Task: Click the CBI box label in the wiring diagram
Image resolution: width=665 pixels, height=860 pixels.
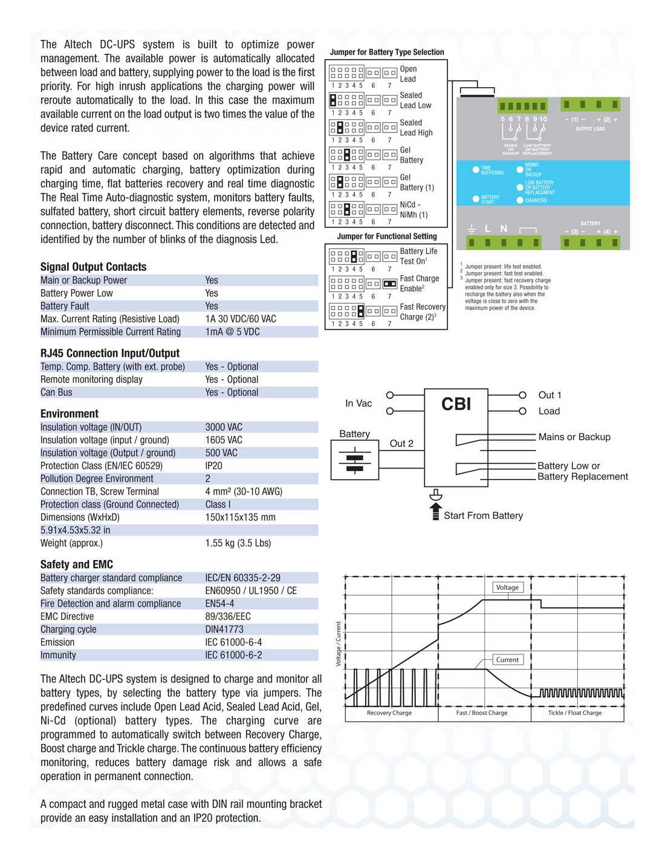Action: point(456,404)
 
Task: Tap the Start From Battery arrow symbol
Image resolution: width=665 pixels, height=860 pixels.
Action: point(435,511)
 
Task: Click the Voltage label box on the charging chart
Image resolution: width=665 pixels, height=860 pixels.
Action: point(507,587)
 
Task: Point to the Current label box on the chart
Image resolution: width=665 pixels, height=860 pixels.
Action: point(507,660)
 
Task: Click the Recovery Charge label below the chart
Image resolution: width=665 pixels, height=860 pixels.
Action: point(389,713)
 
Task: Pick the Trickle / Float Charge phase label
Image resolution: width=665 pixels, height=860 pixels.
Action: point(575,713)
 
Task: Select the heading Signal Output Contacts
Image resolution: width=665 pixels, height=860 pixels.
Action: point(93,267)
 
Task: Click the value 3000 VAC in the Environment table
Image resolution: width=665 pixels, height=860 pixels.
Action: point(224,427)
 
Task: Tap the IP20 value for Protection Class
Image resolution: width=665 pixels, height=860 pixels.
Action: point(213,466)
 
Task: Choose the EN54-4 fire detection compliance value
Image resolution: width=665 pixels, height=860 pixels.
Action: point(219,604)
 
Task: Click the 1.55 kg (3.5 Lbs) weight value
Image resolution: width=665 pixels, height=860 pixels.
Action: point(238,543)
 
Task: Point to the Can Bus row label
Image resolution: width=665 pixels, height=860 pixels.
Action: point(56,393)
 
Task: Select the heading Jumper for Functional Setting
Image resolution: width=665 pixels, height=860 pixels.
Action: point(387,236)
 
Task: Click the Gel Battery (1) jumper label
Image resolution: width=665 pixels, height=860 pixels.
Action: point(417,183)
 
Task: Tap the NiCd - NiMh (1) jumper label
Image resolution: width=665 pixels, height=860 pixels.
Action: point(414,210)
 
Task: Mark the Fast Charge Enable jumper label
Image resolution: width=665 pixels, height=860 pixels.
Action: point(420,284)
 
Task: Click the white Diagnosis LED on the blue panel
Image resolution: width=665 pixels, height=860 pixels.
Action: point(520,200)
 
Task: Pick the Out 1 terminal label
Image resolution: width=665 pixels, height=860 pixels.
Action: point(550,395)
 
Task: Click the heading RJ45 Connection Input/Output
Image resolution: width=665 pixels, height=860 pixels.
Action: point(110,353)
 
